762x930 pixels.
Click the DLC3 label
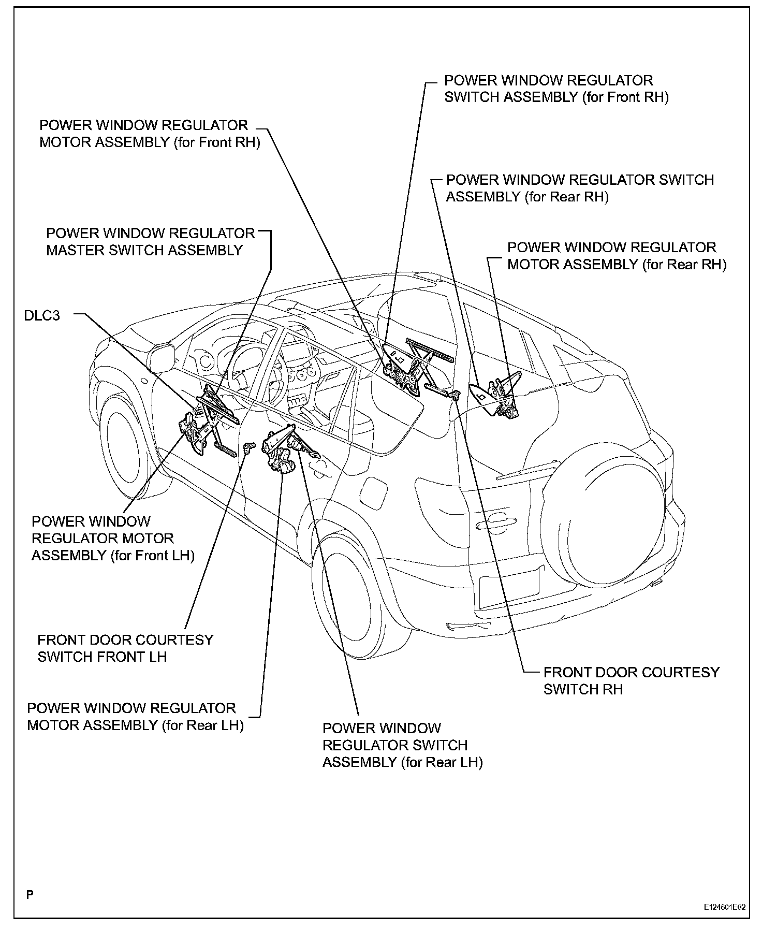point(42,315)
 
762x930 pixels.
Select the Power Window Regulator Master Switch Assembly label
point(150,242)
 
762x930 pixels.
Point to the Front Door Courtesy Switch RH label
point(631,680)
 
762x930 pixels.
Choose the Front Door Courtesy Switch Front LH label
point(125,648)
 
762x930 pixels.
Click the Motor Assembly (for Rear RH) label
point(617,256)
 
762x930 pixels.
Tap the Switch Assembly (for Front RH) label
point(556,89)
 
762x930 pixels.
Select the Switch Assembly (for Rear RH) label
point(580,188)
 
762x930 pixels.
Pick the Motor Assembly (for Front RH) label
point(150,134)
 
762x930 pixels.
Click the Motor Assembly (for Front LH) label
point(113,539)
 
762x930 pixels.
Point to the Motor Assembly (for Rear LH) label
point(135,717)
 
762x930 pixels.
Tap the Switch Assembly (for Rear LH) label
point(402,745)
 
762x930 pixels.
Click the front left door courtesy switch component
point(249,446)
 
